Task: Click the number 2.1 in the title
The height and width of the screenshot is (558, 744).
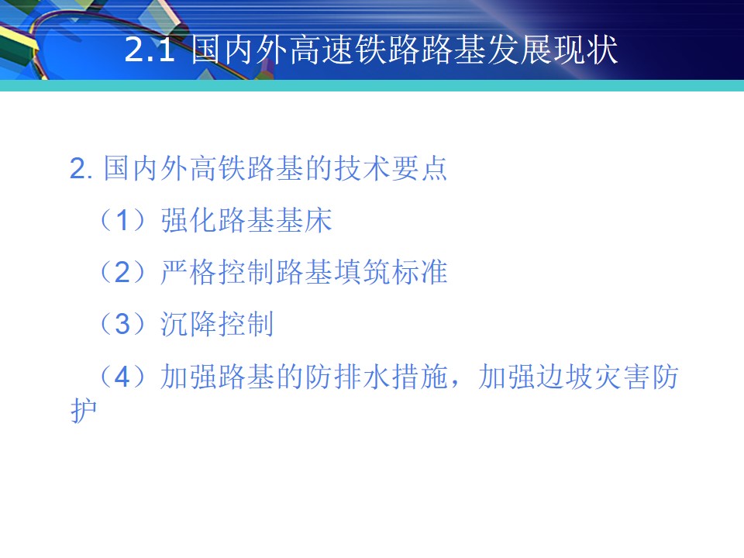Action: click(150, 50)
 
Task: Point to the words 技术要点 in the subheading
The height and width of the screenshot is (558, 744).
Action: click(391, 168)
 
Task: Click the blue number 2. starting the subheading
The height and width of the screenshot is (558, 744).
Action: click(81, 169)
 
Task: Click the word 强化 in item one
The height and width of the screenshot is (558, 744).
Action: click(189, 221)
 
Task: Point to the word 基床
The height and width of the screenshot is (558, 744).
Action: click(304, 221)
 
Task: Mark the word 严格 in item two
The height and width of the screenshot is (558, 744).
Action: click(189, 272)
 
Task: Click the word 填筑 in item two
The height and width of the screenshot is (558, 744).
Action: click(362, 272)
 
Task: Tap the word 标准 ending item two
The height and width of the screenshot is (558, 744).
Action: click(419, 272)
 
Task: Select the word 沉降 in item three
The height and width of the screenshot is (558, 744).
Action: click(189, 324)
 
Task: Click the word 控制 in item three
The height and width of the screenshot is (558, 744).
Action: click(246, 324)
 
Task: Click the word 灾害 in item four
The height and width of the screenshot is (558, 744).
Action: click(621, 377)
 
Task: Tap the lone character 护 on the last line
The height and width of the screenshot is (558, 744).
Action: click(84, 410)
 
